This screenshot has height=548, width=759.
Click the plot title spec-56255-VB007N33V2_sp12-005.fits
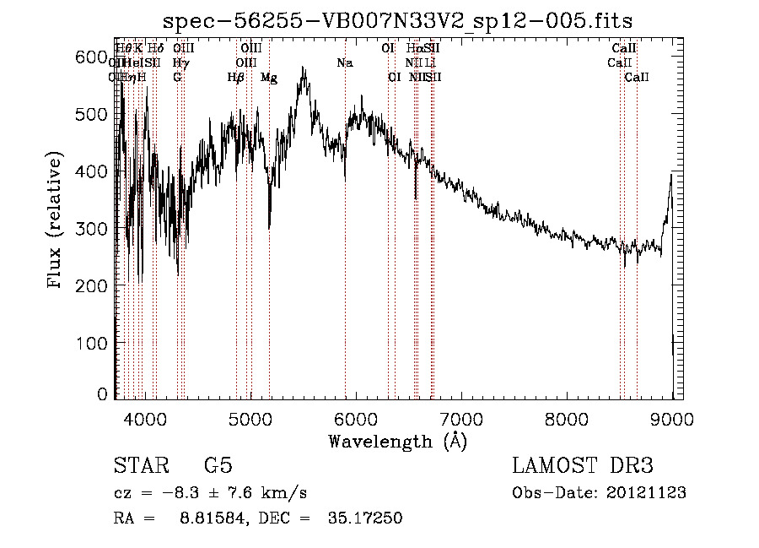coord(397,20)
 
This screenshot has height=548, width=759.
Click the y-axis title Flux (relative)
coord(57,220)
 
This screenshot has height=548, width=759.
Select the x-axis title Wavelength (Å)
coord(397,441)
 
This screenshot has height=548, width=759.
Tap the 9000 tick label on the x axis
coord(672,418)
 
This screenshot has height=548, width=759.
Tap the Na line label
coord(344,63)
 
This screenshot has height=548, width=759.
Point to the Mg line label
coord(268,78)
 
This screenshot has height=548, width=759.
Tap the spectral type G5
coord(218,466)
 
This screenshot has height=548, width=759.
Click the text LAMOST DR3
coord(583,466)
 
